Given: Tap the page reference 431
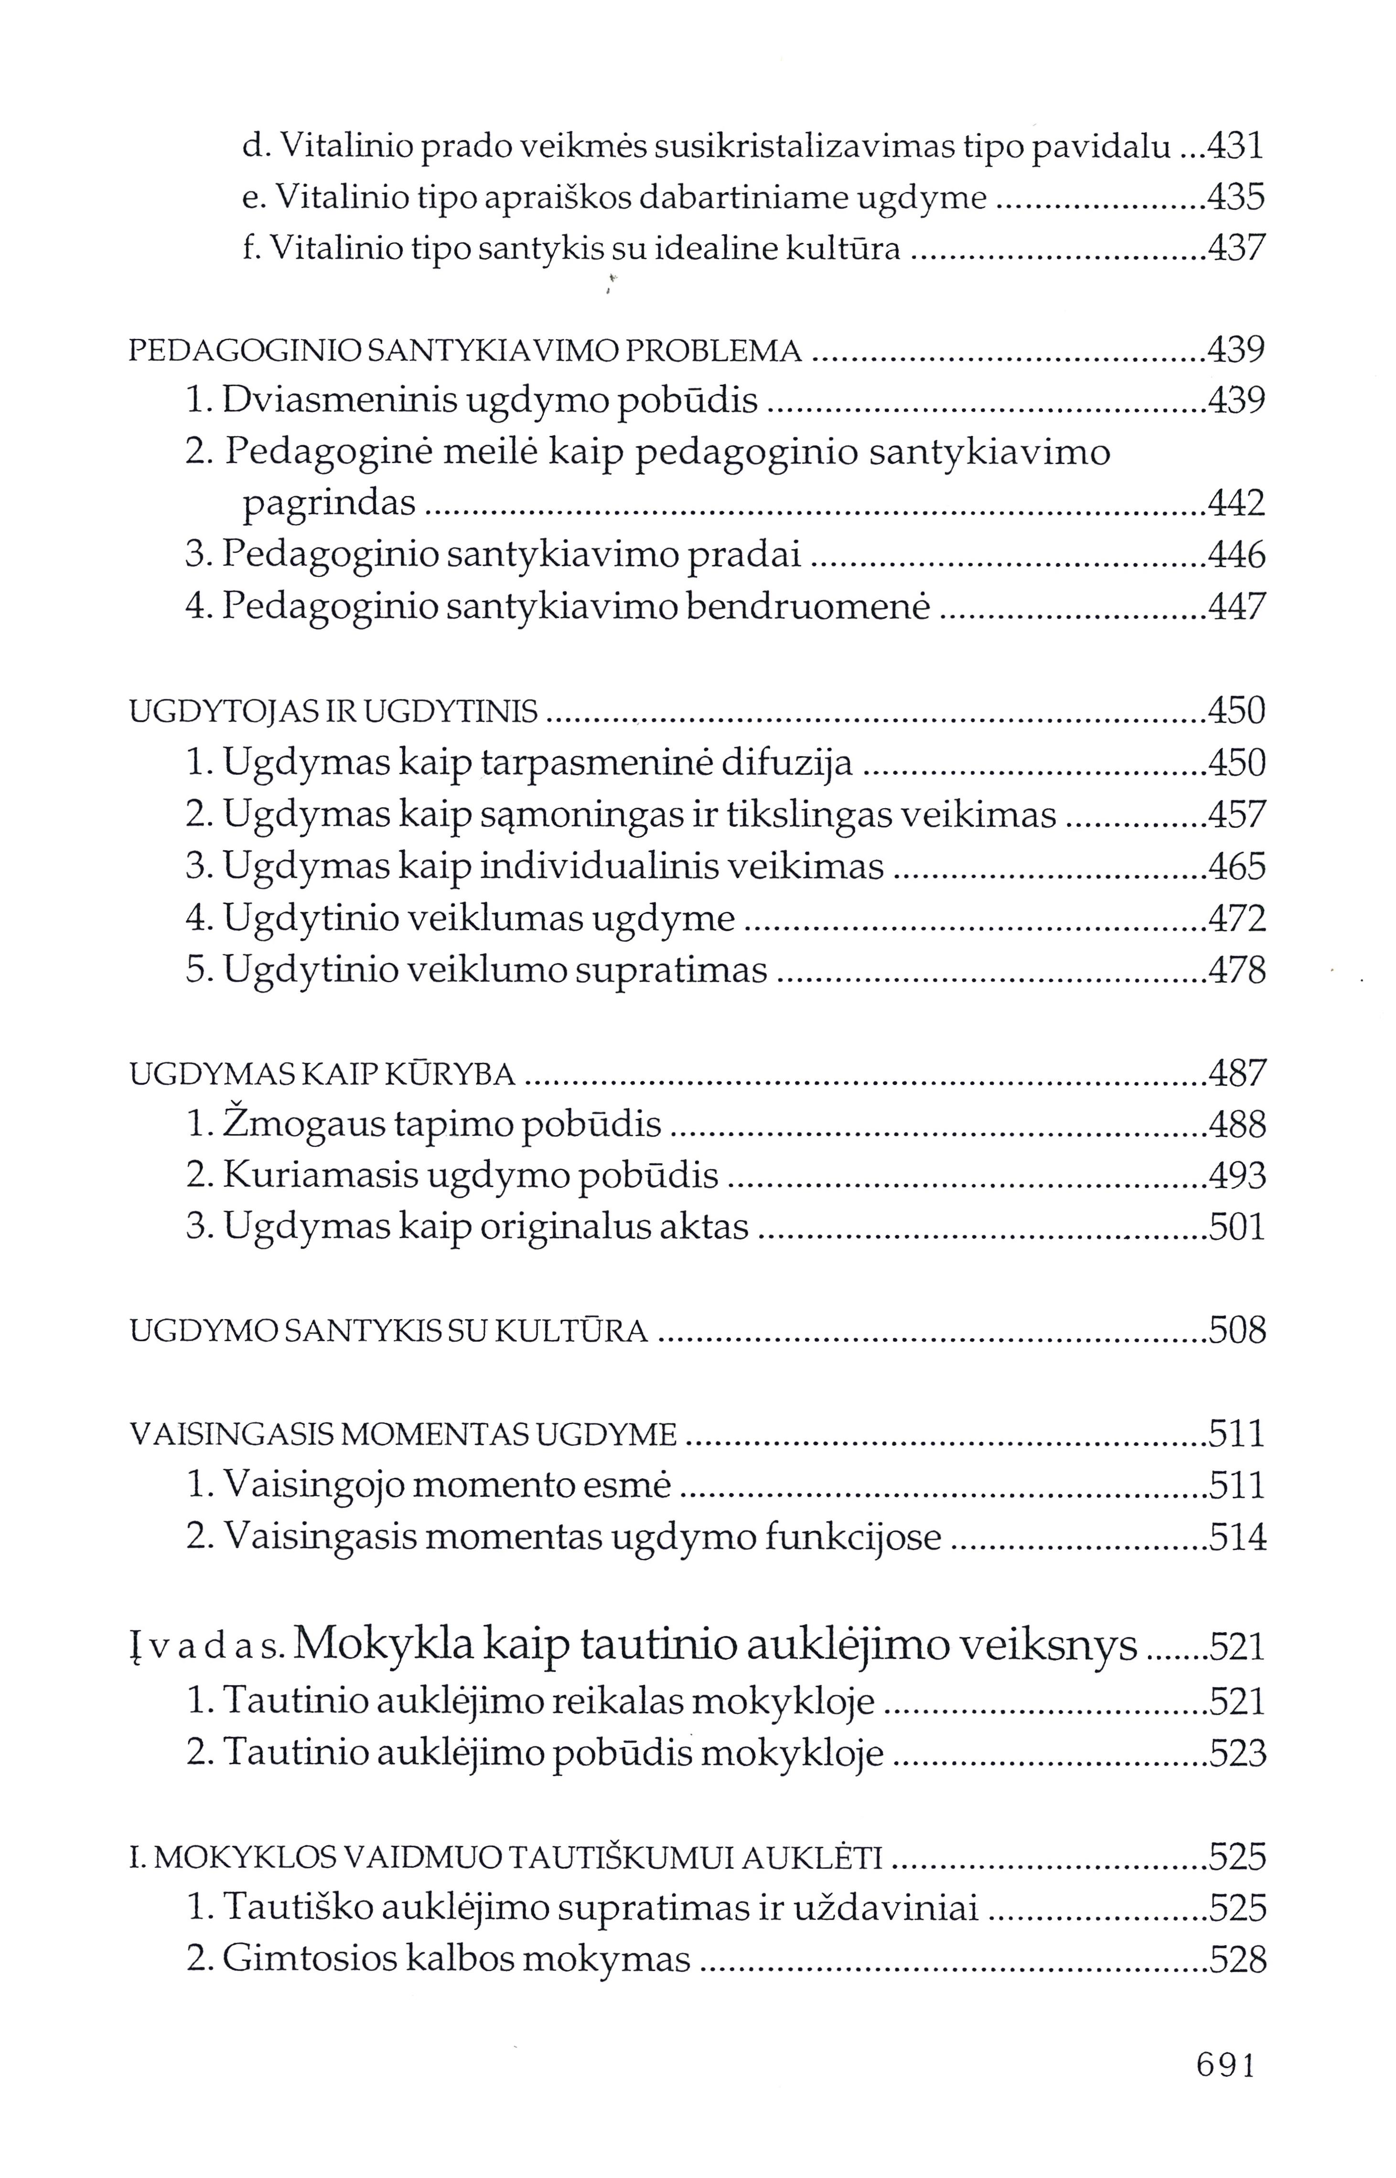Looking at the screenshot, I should (x=1237, y=146).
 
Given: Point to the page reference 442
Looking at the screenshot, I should (x=1237, y=503).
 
